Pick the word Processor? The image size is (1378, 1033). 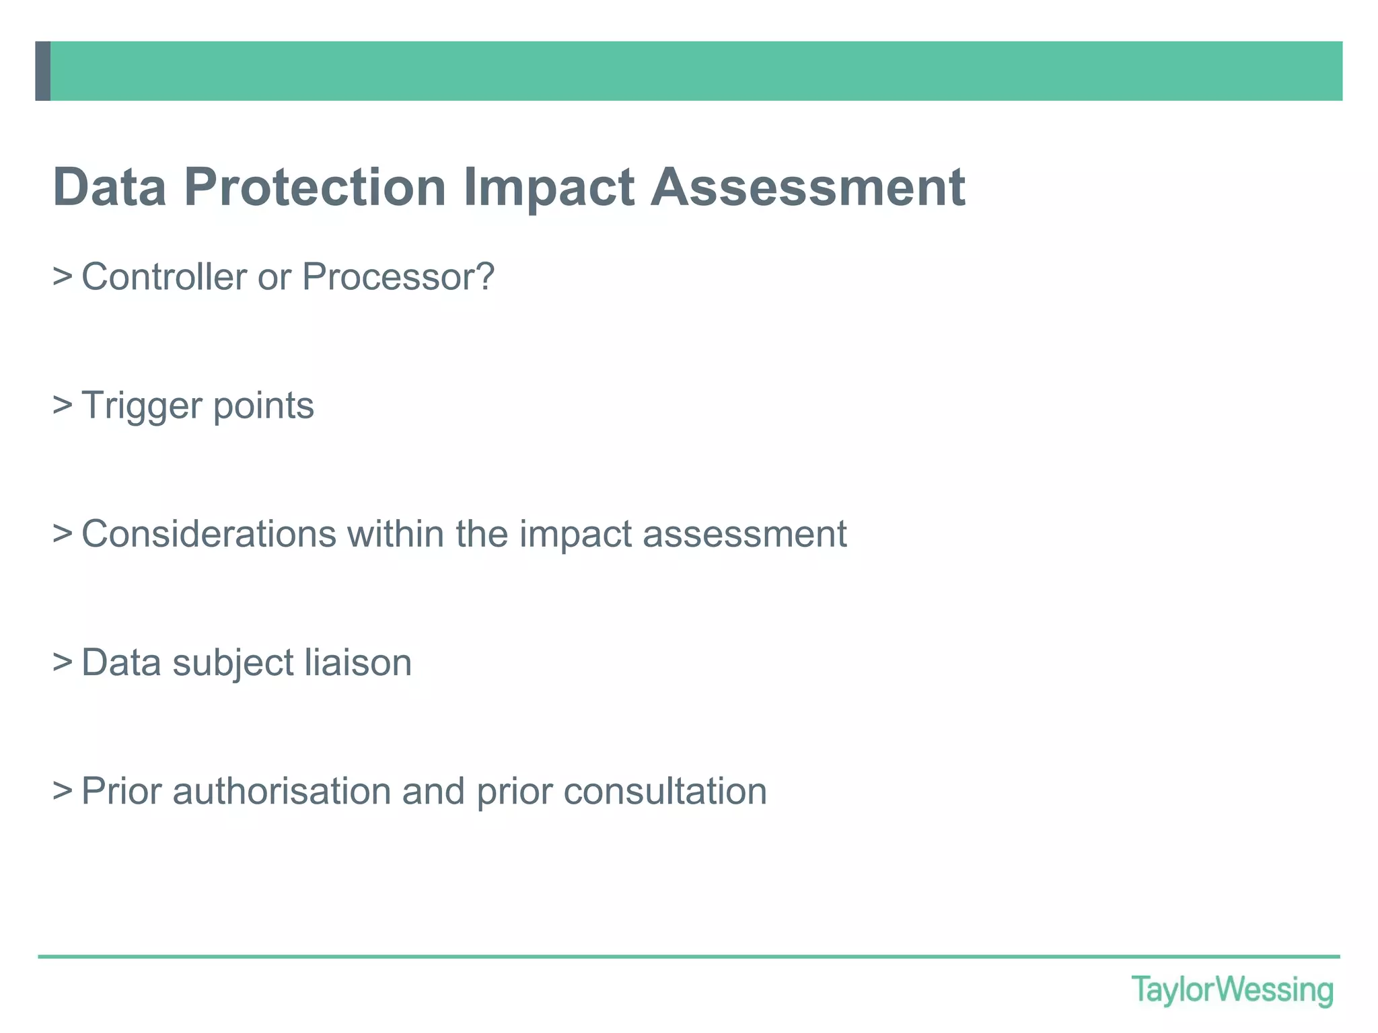(398, 276)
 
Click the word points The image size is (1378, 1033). (263, 406)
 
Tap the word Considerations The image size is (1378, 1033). (209, 534)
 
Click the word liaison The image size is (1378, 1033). (358, 662)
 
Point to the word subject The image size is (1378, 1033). (233, 662)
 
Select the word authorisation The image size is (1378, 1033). (282, 791)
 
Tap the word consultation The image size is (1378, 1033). (665, 791)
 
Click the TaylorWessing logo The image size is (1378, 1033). (1232, 991)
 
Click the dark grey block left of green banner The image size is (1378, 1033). (42, 71)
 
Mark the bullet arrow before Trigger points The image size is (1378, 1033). (63, 405)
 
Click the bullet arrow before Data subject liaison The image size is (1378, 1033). (63, 662)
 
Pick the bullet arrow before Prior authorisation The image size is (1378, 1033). (63, 790)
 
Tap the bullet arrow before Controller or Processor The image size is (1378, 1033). (63, 276)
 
